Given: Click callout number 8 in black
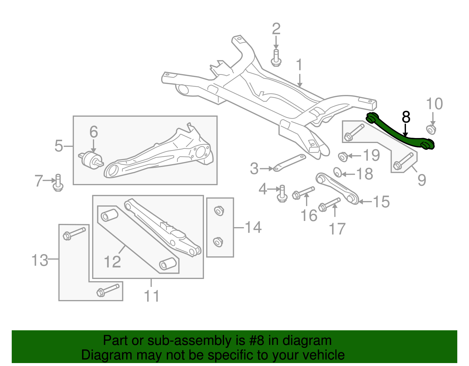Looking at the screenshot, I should point(406,117).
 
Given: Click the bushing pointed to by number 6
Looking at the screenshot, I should point(91,161).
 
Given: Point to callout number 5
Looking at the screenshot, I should point(59,146).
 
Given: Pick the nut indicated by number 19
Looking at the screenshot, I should point(343,157).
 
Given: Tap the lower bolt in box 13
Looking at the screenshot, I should point(107,290).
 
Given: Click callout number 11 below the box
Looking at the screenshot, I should point(152,296).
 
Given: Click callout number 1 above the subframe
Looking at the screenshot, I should point(299,65).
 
